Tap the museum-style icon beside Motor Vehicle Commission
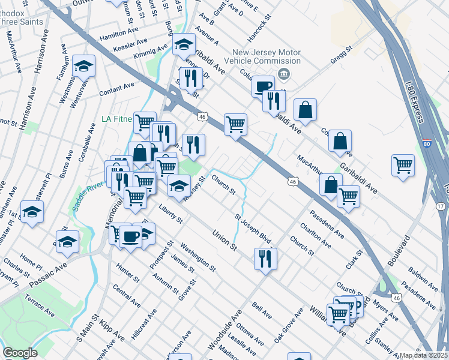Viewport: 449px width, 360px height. [284, 74]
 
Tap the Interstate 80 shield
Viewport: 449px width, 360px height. [426, 145]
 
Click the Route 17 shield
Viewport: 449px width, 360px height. [441, 206]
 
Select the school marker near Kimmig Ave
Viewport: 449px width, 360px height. [184, 45]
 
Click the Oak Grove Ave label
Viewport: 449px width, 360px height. [288, 326]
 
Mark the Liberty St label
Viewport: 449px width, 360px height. [170, 214]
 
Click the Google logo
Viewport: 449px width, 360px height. [20, 353]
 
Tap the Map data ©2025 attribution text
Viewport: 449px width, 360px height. [424, 355]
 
